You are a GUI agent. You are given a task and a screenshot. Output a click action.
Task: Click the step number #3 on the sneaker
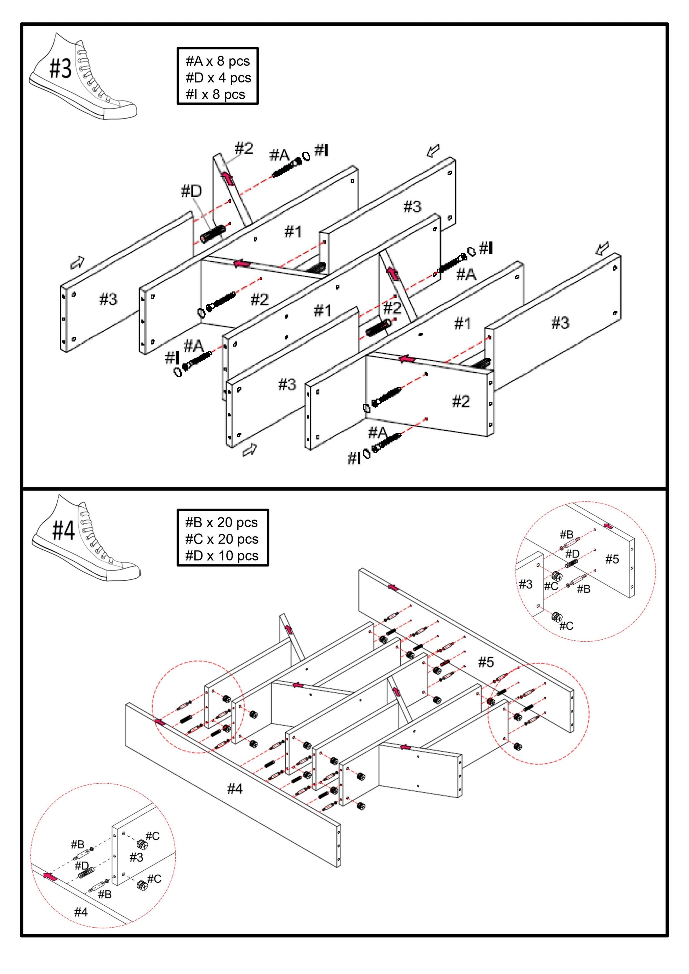[61, 68]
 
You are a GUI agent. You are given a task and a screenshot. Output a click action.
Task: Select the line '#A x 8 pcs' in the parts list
[218, 61]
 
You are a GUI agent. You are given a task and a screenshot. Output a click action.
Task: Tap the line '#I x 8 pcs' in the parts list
[215, 94]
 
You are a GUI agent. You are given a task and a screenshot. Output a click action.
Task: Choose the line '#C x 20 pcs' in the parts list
[222, 539]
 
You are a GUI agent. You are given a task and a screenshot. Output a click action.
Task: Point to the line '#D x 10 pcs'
[222, 555]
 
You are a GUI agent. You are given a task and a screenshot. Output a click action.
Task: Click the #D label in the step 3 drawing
[191, 191]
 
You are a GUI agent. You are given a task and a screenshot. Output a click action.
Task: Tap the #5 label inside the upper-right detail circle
[612, 559]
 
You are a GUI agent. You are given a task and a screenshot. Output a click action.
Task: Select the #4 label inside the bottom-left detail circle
[81, 912]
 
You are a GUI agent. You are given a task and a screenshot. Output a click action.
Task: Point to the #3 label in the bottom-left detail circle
[136, 857]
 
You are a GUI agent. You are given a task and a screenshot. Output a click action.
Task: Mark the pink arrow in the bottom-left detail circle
[50, 876]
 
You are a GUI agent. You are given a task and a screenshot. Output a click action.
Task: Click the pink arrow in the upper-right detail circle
[608, 526]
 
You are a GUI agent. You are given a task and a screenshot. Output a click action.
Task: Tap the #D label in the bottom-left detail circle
[82, 865]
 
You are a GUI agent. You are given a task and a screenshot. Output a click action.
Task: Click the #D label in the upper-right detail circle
[572, 554]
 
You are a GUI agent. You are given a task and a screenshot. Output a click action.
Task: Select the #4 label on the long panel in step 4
[235, 789]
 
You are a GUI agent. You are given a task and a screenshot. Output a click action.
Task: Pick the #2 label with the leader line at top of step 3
[244, 148]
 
